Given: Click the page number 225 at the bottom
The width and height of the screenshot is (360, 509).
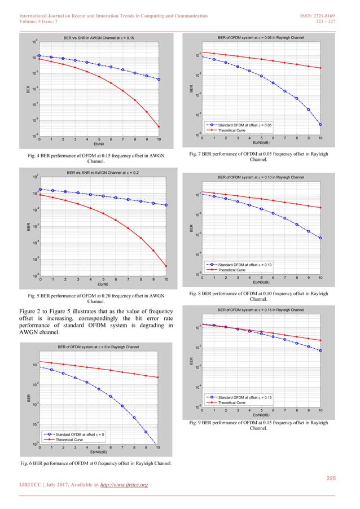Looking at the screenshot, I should pyautogui.click(x=331, y=479).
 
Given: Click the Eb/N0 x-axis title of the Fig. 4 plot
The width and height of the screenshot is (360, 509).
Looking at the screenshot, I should pyautogui.click(x=98, y=144).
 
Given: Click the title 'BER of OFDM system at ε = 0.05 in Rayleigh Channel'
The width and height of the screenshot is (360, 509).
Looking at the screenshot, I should pyautogui.click(x=260, y=38).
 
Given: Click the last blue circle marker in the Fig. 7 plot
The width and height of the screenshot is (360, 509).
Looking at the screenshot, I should pyautogui.click(x=321, y=124).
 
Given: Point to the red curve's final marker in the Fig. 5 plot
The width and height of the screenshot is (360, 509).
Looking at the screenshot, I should pyautogui.click(x=166, y=266).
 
